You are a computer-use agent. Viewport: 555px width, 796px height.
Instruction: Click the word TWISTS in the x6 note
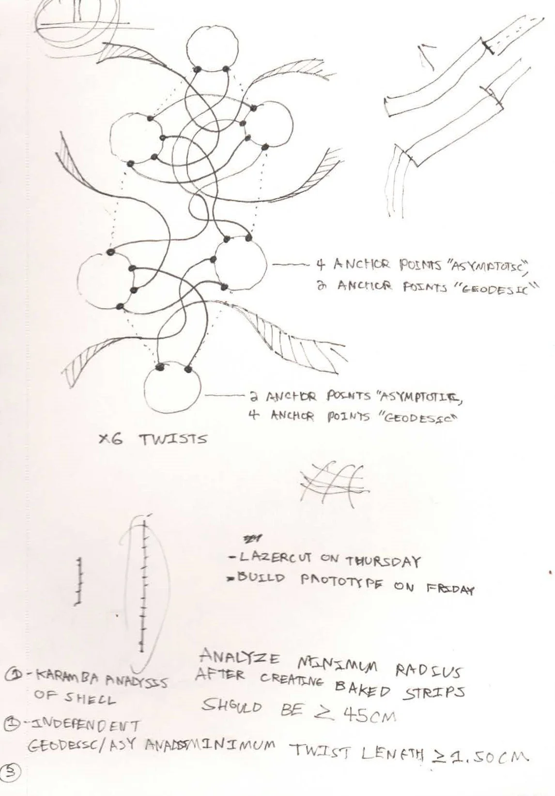click(173, 439)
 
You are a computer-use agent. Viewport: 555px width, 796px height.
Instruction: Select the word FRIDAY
click(450, 589)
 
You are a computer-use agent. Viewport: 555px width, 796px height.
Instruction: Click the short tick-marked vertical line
click(79, 581)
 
